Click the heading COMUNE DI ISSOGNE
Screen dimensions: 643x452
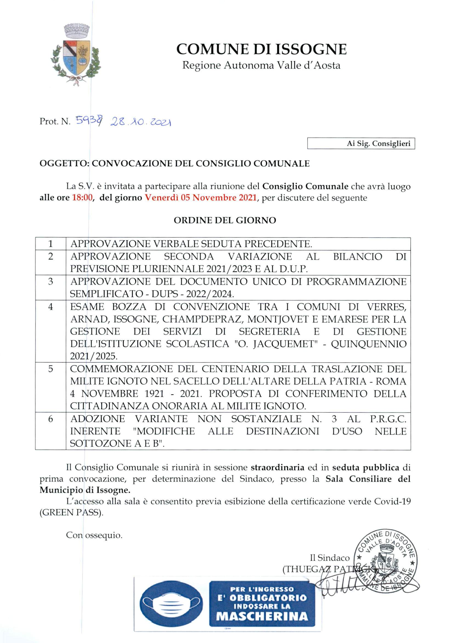point(261,49)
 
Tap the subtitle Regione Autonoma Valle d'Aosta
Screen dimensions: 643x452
point(261,66)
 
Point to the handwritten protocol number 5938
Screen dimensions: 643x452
point(89,121)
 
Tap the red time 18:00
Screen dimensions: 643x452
point(82,198)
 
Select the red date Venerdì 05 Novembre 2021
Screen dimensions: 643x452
point(200,198)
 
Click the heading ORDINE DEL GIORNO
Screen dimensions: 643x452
point(225,220)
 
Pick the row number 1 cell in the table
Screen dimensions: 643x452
point(50,244)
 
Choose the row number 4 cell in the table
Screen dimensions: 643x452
point(50,307)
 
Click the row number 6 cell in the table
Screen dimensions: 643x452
point(50,419)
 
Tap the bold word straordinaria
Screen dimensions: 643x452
point(277,467)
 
